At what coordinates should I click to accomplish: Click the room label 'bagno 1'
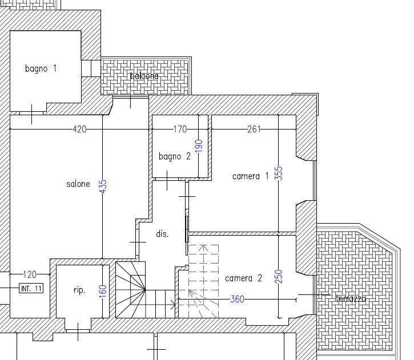point(41,68)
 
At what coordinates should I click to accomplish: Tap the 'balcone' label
point(144,76)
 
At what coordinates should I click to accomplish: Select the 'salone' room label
point(78,184)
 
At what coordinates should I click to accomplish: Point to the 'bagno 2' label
point(175,156)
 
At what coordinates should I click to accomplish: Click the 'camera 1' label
point(250,176)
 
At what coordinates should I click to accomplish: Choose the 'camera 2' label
point(243,278)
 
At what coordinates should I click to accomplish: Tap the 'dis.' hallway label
point(162,234)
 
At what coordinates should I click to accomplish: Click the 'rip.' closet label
point(79,290)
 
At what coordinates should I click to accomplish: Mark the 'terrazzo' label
point(351,298)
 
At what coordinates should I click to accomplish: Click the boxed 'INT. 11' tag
point(31,288)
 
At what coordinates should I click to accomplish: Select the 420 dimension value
point(79,130)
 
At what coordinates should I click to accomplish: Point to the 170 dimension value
point(180,130)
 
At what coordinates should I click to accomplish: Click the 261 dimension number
point(254,130)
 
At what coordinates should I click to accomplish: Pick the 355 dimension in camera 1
point(279,173)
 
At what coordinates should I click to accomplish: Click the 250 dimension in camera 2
point(279,276)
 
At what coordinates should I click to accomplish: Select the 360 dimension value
point(237,299)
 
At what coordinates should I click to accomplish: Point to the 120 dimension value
point(30,274)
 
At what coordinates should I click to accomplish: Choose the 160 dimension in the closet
point(103,291)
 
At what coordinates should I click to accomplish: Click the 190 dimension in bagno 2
point(199,146)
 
